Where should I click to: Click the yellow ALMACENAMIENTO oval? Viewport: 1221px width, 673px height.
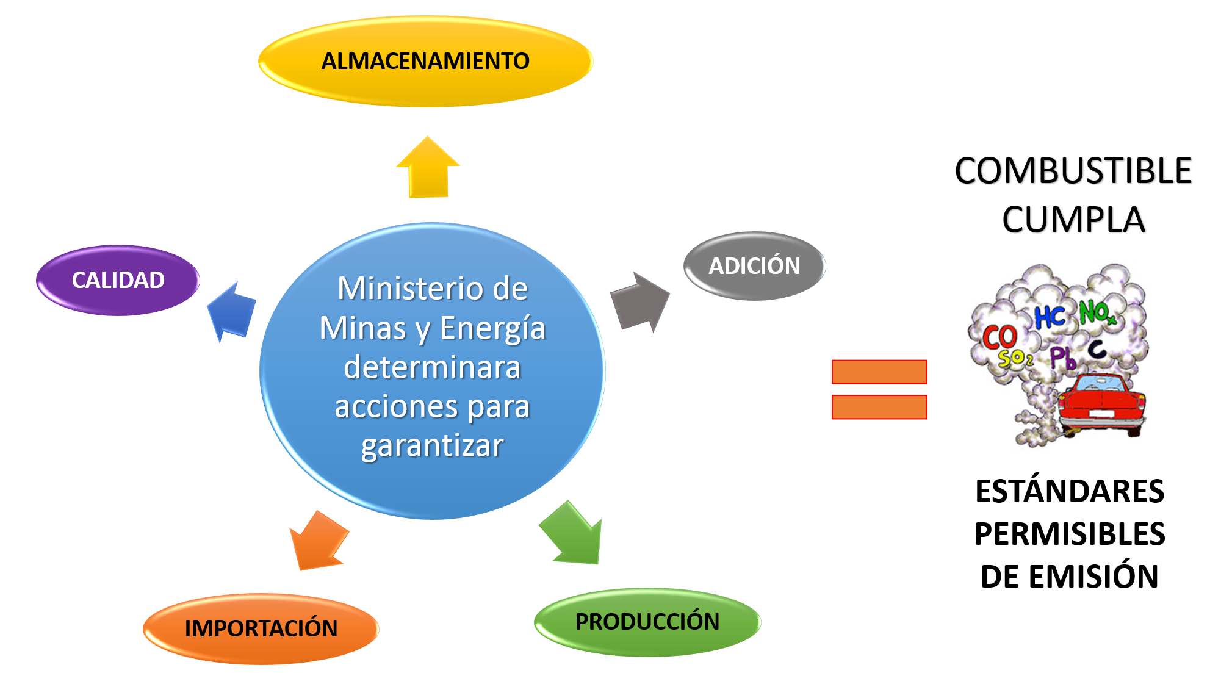pyautogui.click(x=425, y=61)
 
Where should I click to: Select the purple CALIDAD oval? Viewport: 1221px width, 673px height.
pyautogui.click(x=118, y=280)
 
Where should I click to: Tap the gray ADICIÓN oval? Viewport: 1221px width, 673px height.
pyautogui.click(x=754, y=266)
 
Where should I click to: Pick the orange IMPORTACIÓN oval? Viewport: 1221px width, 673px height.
pyautogui.click(x=261, y=628)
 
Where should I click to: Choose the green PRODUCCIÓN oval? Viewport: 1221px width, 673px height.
pyautogui.click(x=647, y=622)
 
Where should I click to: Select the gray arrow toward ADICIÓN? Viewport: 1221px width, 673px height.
pyautogui.click(x=639, y=302)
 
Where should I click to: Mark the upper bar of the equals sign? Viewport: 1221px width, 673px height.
pyautogui.click(x=879, y=372)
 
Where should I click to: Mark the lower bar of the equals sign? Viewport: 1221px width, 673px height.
pyautogui.click(x=879, y=407)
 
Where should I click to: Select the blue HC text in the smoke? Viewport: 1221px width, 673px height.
pyautogui.click(x=1050, y=317)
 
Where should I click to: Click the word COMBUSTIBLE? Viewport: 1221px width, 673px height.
pyautogui.click(x=1073, y=171)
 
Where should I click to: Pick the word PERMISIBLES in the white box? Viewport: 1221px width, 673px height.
pyautogui.click(x=1070, y=534)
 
